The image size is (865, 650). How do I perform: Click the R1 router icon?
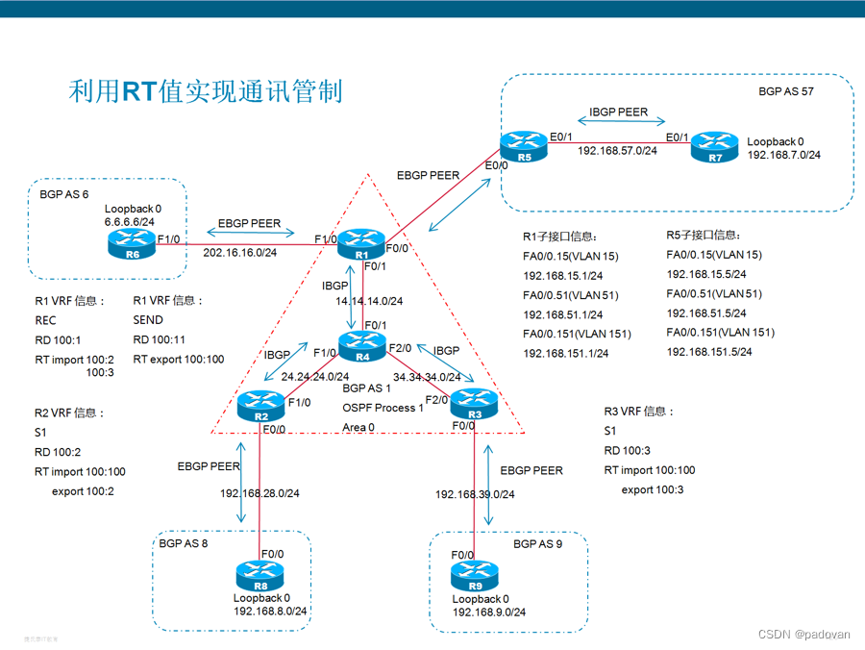point(361,244)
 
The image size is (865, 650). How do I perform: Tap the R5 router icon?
point(523,145)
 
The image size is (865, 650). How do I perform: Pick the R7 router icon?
point(714,145)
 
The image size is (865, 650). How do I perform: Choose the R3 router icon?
point(475,402)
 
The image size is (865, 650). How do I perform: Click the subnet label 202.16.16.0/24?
point(239,253)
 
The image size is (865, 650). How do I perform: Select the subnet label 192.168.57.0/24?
point(617,151)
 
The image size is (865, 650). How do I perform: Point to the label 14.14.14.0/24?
point(368,301)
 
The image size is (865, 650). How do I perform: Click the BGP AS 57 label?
point(786,91)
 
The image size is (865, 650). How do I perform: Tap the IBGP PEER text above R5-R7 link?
point(618,112)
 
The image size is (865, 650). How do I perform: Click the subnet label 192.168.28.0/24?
point(259,494)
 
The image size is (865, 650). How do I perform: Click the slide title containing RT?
point(206,92)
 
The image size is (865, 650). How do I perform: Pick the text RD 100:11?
point(161,339)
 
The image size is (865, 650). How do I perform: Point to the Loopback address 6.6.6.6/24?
point(129,221)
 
